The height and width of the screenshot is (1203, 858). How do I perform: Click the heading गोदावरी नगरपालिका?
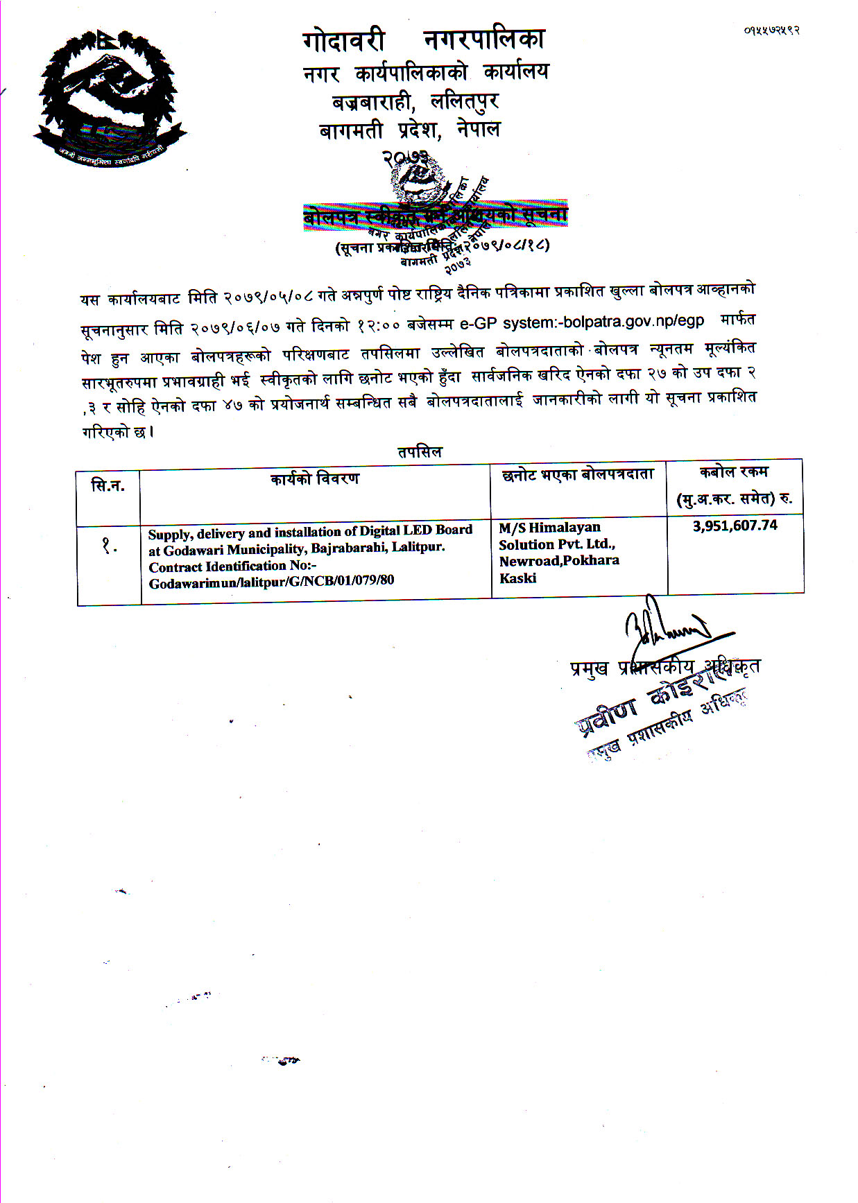click(424, 40)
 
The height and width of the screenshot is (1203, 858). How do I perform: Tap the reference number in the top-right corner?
click(771, 30)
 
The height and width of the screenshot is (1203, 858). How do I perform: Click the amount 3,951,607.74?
click(735, 526)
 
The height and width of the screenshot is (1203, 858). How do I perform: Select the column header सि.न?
click(108, 486)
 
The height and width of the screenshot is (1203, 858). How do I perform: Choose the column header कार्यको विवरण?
click(315, 478)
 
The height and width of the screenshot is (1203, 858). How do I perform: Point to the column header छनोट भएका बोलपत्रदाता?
click(578, 475)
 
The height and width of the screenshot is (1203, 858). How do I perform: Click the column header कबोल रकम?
click(734, 472)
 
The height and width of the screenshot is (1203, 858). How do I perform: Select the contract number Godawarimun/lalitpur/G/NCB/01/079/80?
click(271, 582)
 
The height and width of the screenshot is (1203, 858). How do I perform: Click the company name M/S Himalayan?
click(549, 528)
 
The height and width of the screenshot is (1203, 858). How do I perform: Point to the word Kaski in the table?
click(517, 578)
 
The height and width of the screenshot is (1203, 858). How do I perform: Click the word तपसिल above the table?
click(420, 452)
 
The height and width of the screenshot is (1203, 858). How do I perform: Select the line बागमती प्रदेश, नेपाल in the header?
click(409, 130)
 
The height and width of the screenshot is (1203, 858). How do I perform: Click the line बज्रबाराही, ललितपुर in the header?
click(415, 102)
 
